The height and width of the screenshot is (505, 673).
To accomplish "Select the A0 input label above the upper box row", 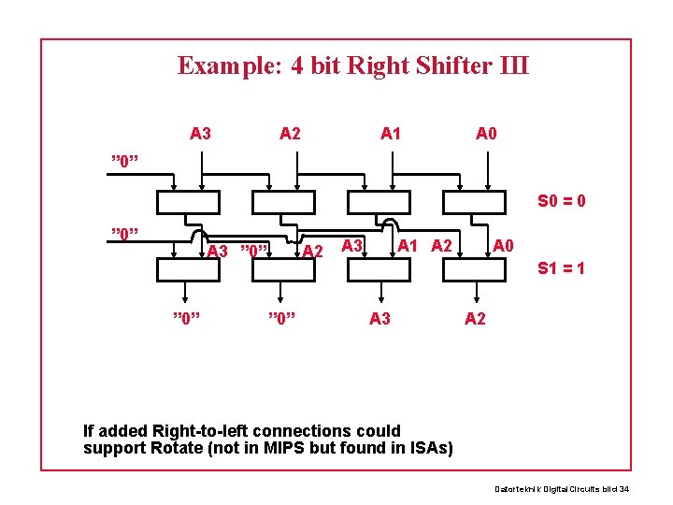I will click(486, 134).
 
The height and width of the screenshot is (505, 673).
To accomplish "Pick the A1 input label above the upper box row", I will click(391, 134).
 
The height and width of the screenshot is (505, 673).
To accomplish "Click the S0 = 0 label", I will click(561, 200).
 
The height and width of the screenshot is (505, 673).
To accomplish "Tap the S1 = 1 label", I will click(562, 268).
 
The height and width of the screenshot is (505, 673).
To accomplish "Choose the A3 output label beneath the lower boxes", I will click(379, 319).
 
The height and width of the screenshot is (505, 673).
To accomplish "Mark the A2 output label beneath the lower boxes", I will click(475, 319).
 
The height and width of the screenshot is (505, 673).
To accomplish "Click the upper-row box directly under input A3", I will click(188, 202).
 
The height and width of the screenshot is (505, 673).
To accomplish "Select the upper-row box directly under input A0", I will click(475, 202).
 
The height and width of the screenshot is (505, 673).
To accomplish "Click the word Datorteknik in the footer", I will click(517, 489).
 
